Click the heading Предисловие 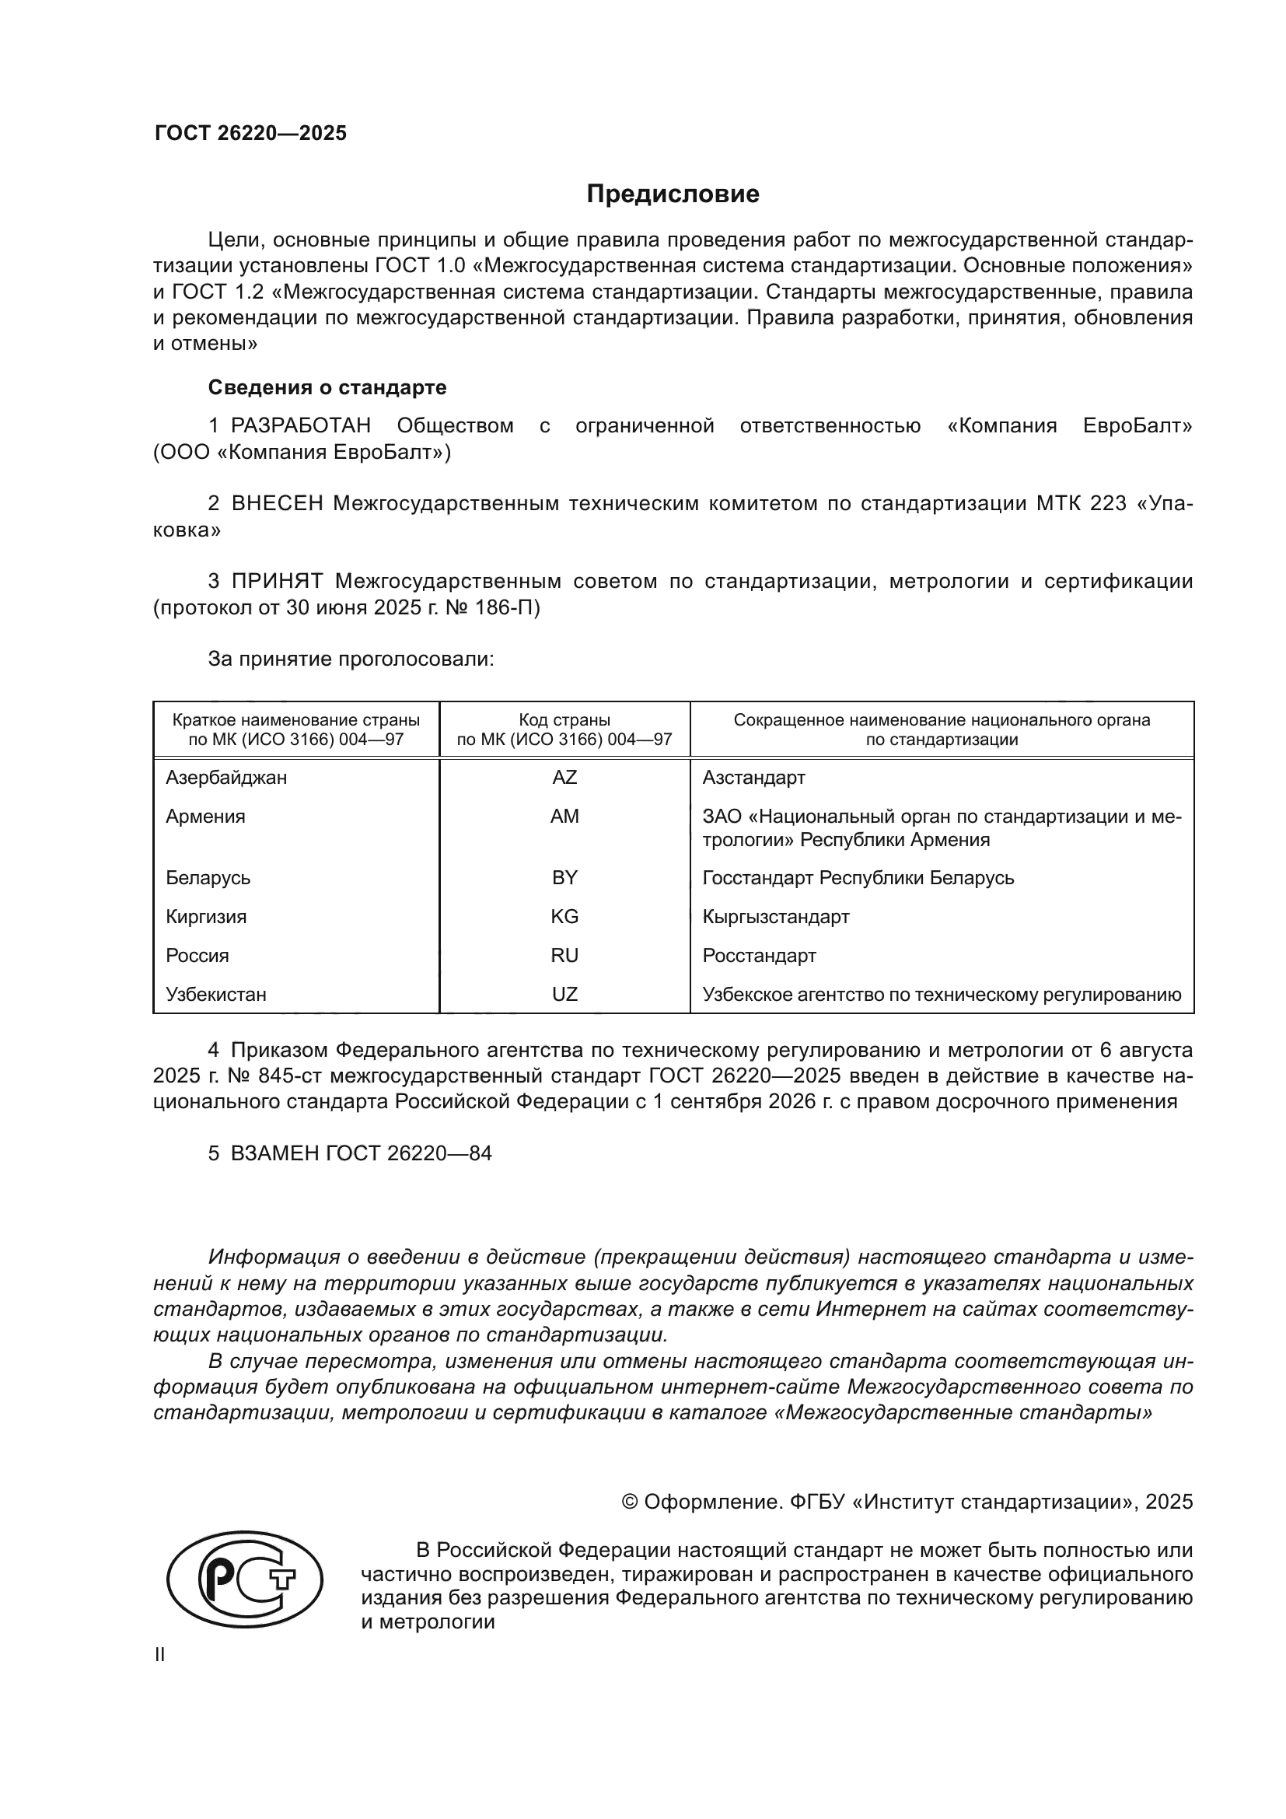(673, 194)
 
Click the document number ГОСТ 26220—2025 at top (250, 133)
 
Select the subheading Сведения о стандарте (327, 387)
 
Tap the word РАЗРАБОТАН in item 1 (301, 426)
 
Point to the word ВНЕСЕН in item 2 (277, 504)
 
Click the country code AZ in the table (564, 778)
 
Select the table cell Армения (206, 817)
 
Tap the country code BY (564, 878)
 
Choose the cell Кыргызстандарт (775, 917)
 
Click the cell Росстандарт (759, 956)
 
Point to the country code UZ (564, 995)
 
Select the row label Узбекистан (216, 995)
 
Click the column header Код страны (564, 720)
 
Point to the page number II (160, 1655)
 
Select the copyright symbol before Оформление (630, 1502)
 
